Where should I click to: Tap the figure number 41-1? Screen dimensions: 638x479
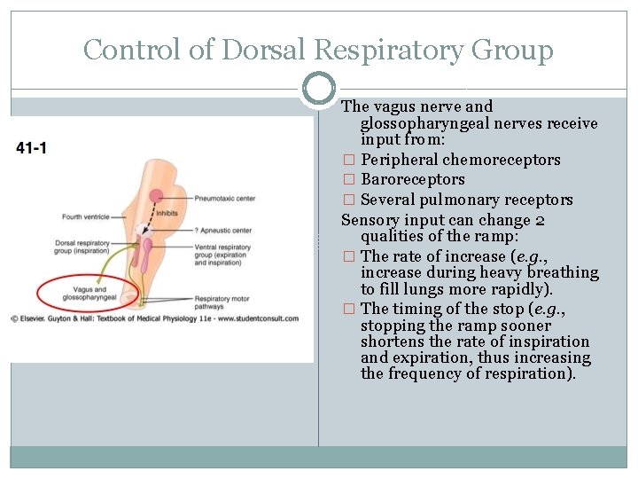tap(32, 147)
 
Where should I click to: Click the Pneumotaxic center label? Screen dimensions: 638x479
tap(226, 198)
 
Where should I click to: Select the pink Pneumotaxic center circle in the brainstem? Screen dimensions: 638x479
tap(156, 196)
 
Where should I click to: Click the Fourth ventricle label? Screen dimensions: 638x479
tap(86, 216)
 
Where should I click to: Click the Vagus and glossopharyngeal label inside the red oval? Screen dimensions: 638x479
tap(87, 294)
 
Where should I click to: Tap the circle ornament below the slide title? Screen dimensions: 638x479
tap(319, 89)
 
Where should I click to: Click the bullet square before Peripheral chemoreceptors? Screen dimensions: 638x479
tap(348, 161)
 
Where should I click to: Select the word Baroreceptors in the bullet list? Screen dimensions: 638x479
tap(412, 180)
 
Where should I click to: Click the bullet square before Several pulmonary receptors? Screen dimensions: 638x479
tap(348, 200)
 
